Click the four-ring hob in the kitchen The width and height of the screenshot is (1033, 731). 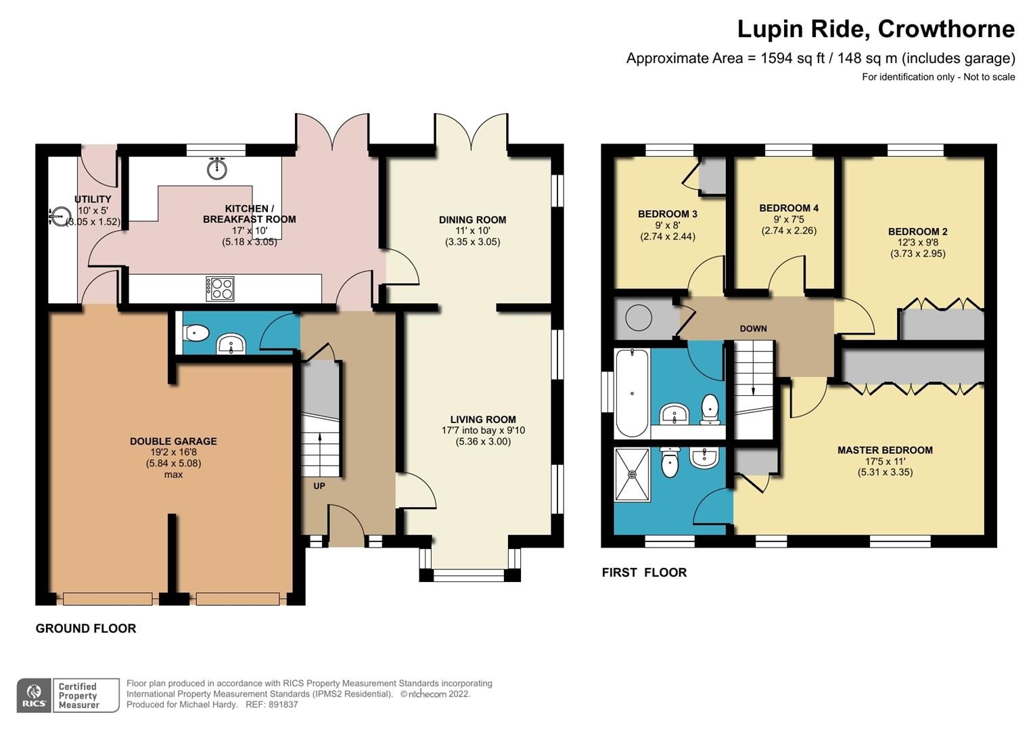pos(220,289)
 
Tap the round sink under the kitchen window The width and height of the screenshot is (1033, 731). pos(216,169)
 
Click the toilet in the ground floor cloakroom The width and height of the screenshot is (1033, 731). pos(196,333)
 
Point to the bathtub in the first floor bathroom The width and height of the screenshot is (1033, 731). pos(631,393)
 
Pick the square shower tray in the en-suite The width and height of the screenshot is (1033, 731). pos(632,474)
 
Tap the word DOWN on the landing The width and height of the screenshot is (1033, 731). pos(753,329)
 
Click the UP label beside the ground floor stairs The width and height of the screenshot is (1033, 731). pos(319,486)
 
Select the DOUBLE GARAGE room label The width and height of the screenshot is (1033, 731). pos(173,441)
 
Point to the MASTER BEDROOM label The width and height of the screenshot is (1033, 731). pos(885,450)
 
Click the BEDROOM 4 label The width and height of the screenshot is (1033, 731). pos(788,208)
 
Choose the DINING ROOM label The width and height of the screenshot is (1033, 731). pos(472,220)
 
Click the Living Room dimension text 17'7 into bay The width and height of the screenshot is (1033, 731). pos(483,430)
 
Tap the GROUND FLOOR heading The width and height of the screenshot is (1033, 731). pos(86,629)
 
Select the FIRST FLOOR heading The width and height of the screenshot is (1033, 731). pos(644,573)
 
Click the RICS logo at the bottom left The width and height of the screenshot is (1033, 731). pos(34,695)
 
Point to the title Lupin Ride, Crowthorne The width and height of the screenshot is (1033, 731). pos(875,29)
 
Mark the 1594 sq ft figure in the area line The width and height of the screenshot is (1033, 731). pos(792,58)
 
